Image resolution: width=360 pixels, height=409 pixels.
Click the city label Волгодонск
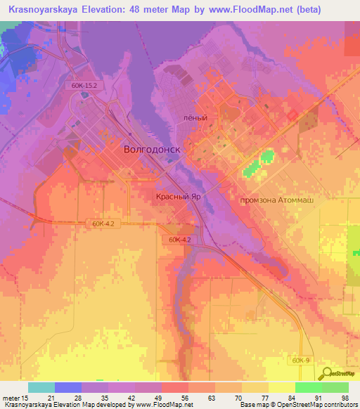point(152,150)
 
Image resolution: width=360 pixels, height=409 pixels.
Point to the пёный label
point(195,118)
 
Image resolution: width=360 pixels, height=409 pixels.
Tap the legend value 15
point(25,397)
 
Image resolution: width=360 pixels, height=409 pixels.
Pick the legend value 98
point(345,397)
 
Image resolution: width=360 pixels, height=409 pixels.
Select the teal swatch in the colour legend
point(41,387)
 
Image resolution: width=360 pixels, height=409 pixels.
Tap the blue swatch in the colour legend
point(68,387)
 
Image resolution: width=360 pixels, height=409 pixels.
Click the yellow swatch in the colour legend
point(282,387)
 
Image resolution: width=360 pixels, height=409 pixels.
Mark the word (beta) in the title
point(305,10)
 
